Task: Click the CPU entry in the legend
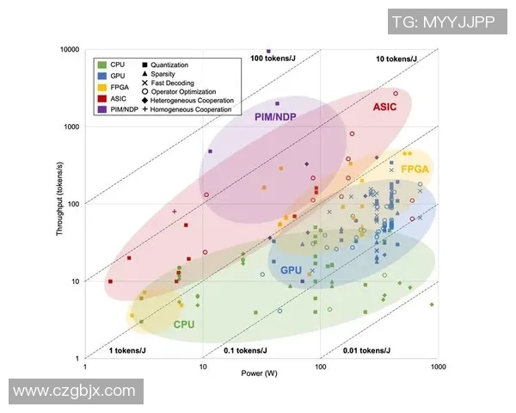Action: (117, 65)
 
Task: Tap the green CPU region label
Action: (183, 324)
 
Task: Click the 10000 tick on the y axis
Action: (68, 49)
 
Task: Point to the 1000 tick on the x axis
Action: (438, 367)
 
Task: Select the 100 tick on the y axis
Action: (72, 204)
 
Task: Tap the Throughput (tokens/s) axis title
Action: (61, 205)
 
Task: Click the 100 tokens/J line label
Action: (278, 59)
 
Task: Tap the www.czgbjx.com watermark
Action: (75, 391)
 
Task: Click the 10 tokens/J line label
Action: (397, 59)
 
